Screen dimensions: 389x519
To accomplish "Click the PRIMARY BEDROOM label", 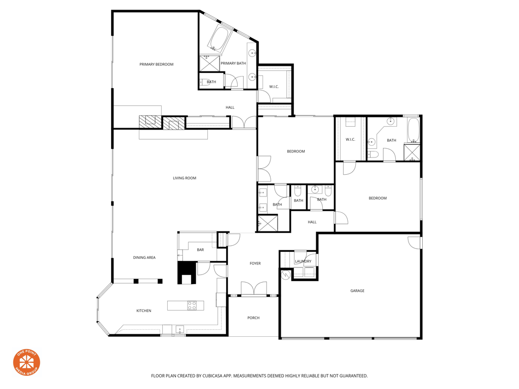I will [156, 64].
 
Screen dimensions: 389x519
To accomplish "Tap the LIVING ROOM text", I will [184, 178].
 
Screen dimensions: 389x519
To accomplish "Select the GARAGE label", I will [357, 291].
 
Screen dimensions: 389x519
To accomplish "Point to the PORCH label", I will [253, 318].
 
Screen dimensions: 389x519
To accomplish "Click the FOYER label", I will [255, 263].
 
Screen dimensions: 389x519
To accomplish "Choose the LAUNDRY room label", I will [303, 261].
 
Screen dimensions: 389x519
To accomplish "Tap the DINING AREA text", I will [144, 258].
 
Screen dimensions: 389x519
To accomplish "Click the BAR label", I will [200, 250].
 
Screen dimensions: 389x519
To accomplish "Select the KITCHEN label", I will [143, 310].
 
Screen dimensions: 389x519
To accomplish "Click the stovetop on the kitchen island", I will [192, 305].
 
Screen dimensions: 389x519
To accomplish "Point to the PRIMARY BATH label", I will [233, 63].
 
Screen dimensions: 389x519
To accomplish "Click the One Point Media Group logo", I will [26, 362].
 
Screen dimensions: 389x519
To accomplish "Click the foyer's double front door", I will [253, 289].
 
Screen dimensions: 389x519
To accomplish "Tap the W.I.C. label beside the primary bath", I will [274, 87].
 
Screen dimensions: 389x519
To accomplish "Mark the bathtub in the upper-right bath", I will [414, 130].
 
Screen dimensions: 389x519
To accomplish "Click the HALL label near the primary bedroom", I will [230, 107].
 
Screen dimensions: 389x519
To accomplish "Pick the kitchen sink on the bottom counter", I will [179, 330].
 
